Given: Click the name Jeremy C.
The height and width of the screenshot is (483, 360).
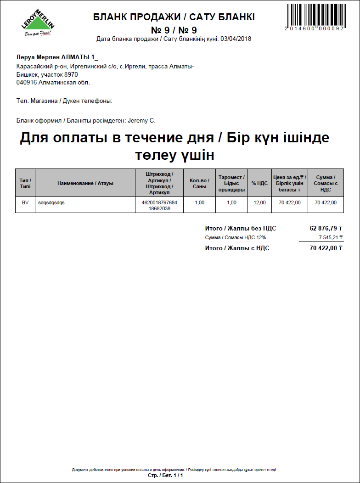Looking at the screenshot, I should (141, 121).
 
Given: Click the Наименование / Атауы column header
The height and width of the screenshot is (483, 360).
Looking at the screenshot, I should (85, 183).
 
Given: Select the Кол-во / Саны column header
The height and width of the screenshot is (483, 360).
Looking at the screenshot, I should (199, 183).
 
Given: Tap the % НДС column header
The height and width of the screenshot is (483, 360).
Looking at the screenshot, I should (259, 183).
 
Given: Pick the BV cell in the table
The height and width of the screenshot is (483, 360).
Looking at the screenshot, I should (25, 202).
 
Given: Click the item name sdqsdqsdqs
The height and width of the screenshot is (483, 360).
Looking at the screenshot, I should (51, 202).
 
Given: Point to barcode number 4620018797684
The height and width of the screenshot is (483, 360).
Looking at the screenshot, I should (159, 202).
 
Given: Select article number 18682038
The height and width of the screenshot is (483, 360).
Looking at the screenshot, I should (159, 208).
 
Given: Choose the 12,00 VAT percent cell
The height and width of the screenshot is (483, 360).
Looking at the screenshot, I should (259, 202).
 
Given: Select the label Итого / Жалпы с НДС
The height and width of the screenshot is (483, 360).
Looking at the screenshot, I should (237, 248).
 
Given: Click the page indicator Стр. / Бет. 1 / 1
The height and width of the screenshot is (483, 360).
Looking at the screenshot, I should (166, 475).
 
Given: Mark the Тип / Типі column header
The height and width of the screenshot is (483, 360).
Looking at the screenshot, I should (25, 183).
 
